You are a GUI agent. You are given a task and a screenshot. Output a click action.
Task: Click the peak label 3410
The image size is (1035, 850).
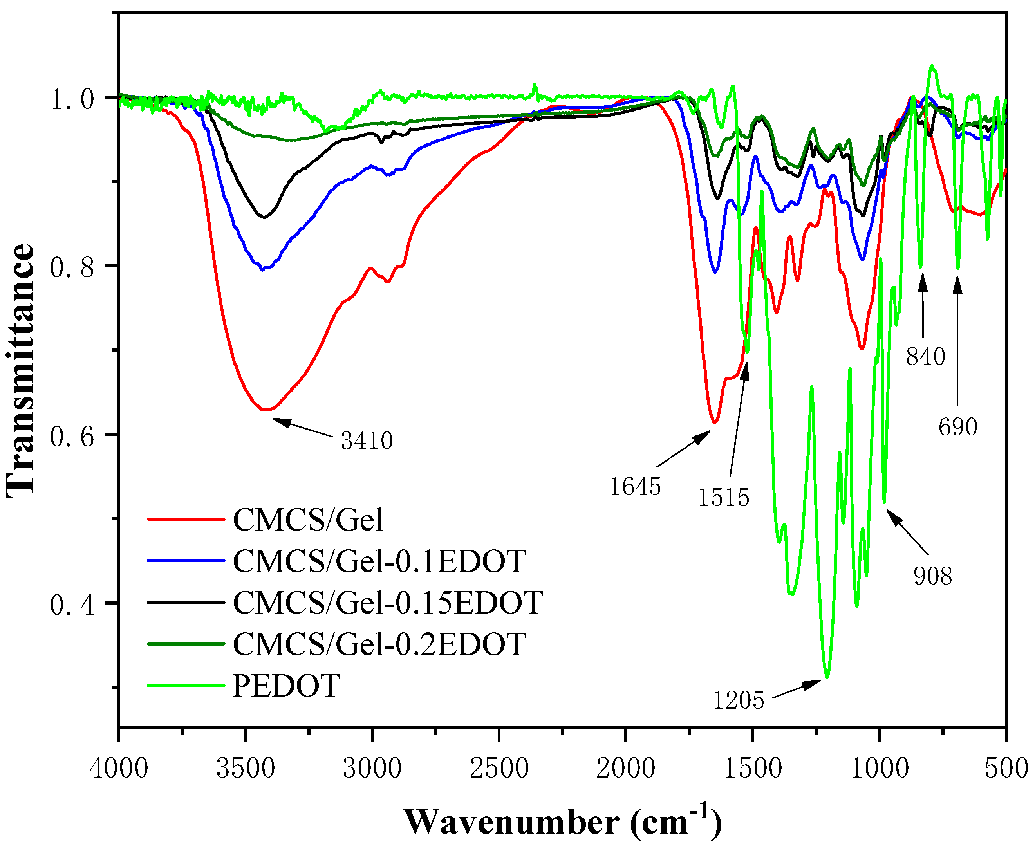click(x=367, y=441)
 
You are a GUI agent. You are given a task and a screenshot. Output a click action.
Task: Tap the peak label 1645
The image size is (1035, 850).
click(x=635, y=487)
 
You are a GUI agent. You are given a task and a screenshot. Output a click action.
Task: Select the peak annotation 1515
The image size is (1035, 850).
click(x=724, y=498)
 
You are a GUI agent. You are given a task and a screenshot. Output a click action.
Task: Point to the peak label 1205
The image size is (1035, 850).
click(x=738, y=701)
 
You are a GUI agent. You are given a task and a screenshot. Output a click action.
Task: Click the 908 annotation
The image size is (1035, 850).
click(x=933, y=576)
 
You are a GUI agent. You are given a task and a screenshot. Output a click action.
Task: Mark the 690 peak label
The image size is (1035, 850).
click(x=957, y=427)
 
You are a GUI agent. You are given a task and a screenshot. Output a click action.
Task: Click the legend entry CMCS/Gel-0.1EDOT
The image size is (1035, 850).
click(x=379, y=561)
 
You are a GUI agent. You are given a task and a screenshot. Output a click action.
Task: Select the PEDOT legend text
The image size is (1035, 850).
click(x=286, y=686)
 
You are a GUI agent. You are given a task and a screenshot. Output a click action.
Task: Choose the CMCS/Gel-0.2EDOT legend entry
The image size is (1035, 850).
click(x=379, y=644)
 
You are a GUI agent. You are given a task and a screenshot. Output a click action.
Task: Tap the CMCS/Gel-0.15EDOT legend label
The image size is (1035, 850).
click(x=388, y=603)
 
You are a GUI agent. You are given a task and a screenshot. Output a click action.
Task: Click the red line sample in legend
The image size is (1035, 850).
click(x=186, y=519)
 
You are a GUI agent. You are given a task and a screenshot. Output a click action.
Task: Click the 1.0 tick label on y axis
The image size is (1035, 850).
click(x=72, y=99)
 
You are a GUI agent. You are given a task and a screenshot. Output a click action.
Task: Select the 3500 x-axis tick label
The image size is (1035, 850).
click(x=246, y=768)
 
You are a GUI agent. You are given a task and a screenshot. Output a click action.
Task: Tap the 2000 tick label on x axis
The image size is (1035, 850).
click(x=626, y=768)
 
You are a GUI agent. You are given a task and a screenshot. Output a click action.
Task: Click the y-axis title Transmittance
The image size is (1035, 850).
click(x=21, y=371)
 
